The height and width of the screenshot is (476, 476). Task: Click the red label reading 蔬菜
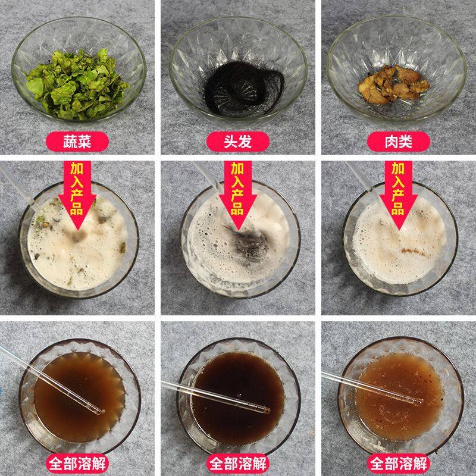point(77,142)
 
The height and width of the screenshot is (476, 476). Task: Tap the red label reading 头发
point(237,142)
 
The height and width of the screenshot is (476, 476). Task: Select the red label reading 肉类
point(398,142)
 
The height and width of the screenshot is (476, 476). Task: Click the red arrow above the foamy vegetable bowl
point(77,195)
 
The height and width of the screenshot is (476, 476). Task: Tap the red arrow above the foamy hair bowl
point(237,195)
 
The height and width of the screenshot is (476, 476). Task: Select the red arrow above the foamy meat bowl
point(398,195)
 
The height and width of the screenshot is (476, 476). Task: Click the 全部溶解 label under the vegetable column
point(77,464)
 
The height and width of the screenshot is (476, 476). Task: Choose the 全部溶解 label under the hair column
point(237,464)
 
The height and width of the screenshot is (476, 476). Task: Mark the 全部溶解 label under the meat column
point(398,464)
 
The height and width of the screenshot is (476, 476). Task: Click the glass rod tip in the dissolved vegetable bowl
point(99,412)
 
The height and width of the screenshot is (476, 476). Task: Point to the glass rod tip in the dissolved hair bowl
point(267,411)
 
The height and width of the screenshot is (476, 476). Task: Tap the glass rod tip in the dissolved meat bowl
point(419,402)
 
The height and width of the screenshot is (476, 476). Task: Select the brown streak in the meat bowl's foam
point(412,251)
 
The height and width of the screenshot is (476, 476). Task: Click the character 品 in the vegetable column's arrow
point(77,209)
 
